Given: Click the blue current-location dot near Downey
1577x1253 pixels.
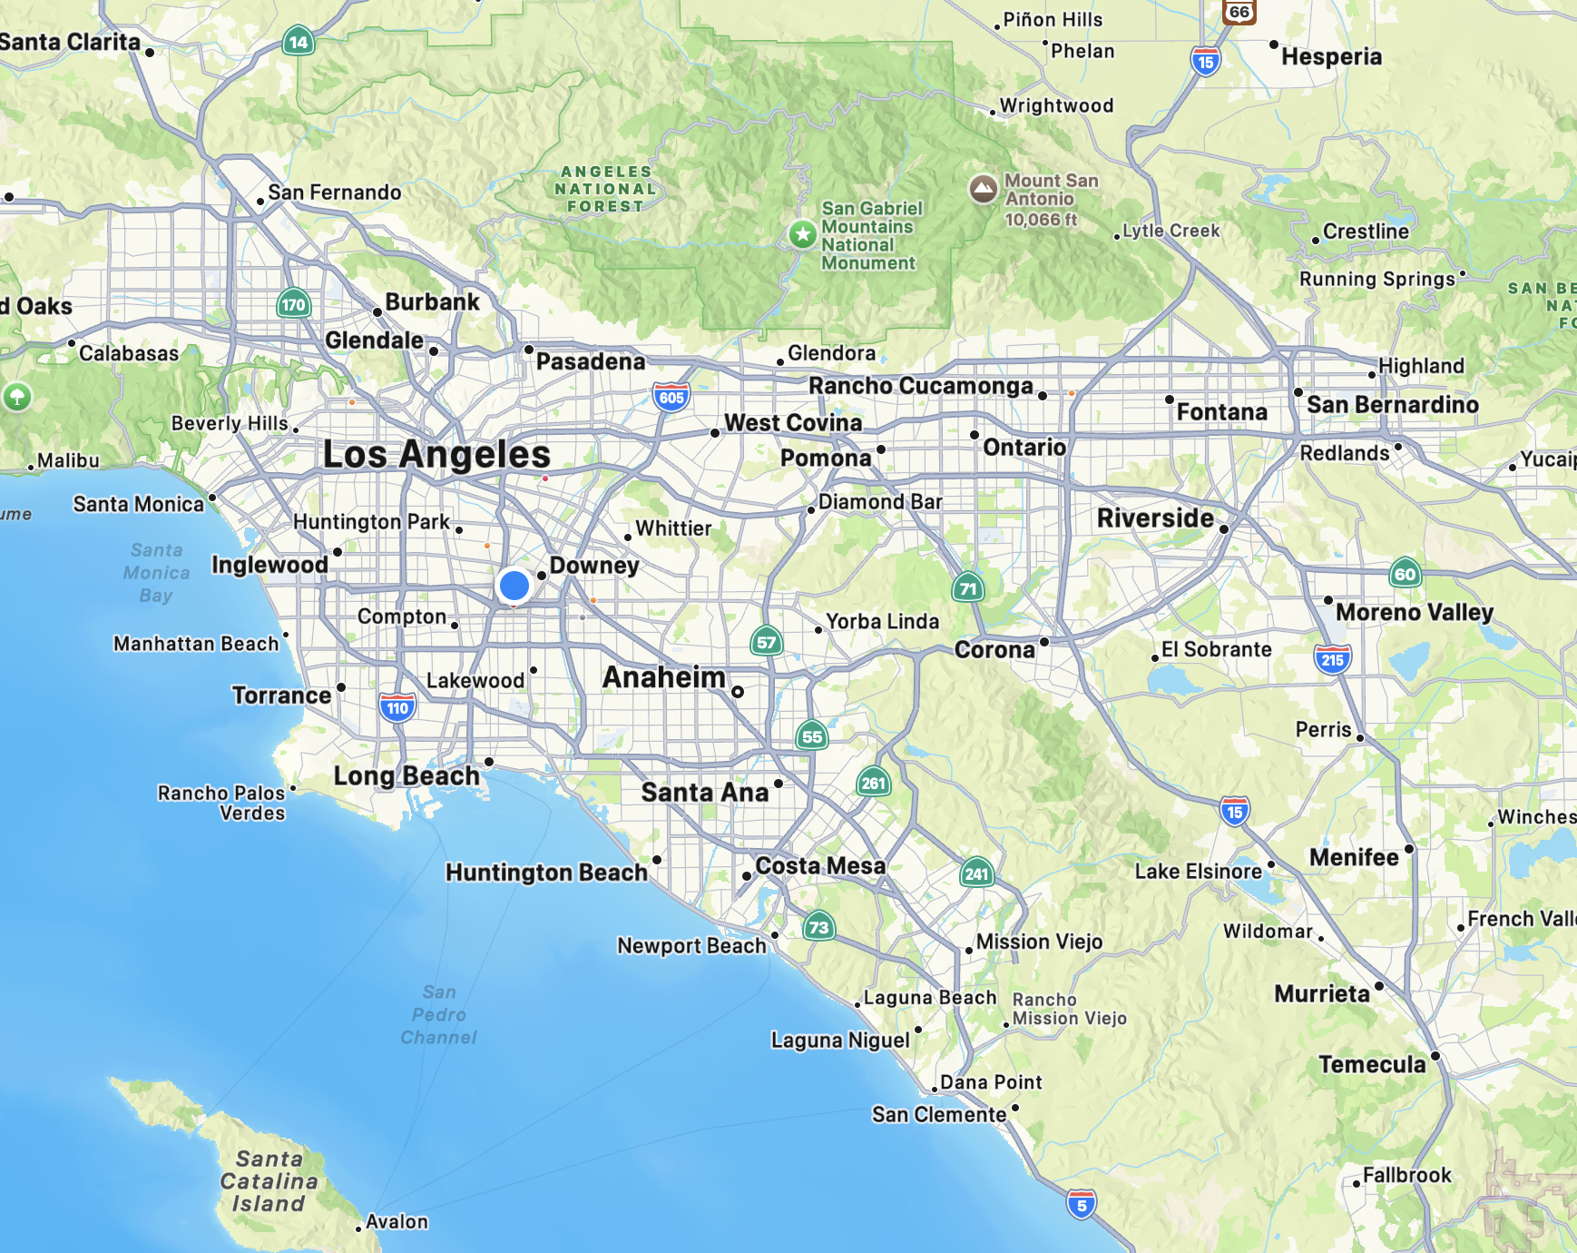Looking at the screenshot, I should point(514,586).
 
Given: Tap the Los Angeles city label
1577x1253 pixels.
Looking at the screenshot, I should point(436,454).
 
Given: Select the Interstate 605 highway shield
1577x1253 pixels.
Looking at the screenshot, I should point(671,397).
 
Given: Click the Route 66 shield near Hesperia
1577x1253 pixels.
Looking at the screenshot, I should point(1239,11).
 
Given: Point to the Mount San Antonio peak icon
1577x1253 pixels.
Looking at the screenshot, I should point(983,189).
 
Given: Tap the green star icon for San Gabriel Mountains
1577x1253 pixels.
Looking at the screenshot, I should point(802,234).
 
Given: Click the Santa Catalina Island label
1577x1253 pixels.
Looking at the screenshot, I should point(269,1181).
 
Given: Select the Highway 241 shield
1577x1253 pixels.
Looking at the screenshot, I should point(976,873).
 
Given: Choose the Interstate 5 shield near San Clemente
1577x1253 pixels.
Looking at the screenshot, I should point(1081,1205).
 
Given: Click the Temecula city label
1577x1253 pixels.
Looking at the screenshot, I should point(1372,1064).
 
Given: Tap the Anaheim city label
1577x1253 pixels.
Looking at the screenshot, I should point(663,677).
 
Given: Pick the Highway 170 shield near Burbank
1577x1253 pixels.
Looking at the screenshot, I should point(293,304).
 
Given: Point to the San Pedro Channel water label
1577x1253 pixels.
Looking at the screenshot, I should point(439,1014).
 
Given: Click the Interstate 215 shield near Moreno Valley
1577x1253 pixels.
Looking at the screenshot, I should point(1332,659).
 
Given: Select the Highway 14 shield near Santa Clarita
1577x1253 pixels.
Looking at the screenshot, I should point(299,41).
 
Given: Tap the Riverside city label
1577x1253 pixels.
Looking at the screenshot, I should point(1154,518).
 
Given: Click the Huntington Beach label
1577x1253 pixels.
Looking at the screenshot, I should point(546,873).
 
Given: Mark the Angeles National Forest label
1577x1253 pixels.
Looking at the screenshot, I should point(605,189).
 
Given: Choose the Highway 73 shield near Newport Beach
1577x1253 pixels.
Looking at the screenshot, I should point(818,926).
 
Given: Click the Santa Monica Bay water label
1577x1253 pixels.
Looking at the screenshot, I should point(156,573).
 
